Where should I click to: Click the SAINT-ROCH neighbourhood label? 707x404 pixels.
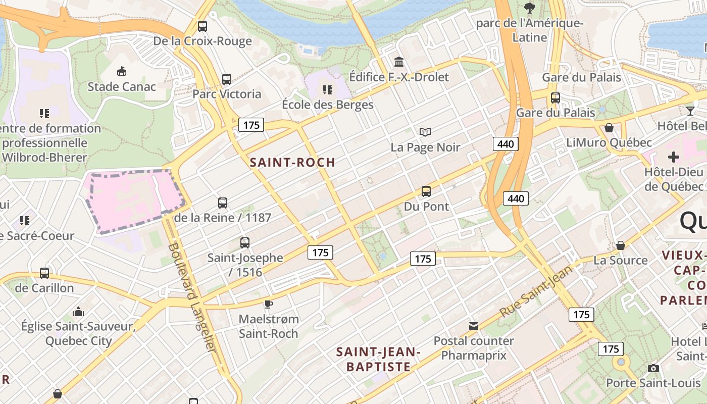(292, 162)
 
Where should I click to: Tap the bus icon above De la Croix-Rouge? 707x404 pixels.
(203, 26)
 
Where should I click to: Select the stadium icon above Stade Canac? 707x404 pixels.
(122, 71)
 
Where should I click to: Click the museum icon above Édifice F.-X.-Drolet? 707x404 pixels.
(399, 62)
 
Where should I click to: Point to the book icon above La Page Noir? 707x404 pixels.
(425, 132)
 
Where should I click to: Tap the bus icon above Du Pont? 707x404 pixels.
(426, 191)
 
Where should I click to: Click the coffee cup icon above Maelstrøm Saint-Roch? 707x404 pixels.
(269, 304)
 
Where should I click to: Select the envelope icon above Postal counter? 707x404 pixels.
(474, 326)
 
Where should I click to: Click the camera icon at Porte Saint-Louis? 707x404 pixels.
(653, 368)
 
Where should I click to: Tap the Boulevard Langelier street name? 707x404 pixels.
(192, 298)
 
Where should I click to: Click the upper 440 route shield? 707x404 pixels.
(506, 144)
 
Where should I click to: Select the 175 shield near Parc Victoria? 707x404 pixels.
(251, 125)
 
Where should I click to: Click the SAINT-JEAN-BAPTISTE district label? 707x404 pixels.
(378, 359)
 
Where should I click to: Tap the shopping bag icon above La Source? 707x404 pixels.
(621, 245)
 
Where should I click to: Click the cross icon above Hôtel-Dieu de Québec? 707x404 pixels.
(674, 157)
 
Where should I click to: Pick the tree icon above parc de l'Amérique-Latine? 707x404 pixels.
(530, 8)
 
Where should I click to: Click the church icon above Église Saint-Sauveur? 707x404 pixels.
(78, 312)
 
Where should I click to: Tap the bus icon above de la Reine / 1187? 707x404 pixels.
(223, 203)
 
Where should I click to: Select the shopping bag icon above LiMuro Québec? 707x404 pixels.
(609, 128)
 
